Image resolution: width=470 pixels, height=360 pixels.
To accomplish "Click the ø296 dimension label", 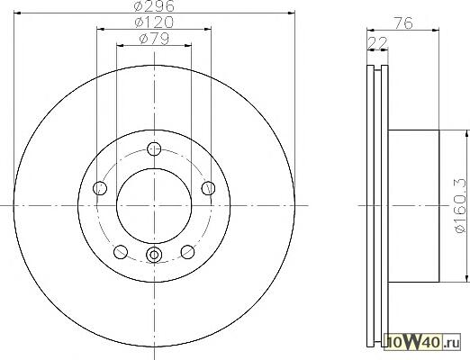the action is coord(154,6).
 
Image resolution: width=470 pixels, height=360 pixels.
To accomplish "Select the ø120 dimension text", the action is coord(154,22).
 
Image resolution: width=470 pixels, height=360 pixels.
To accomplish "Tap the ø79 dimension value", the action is coord(154,39).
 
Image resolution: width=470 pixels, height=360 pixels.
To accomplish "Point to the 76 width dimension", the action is coord(403,22).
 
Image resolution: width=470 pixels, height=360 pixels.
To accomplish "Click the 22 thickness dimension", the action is coord(377,43).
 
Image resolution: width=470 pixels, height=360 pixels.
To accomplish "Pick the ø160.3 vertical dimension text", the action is coord(460,205).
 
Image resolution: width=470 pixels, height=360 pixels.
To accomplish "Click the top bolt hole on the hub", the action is coord(154,148).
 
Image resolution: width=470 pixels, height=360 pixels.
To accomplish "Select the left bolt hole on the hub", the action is coord(100,188).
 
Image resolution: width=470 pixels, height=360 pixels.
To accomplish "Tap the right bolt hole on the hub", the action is coord(208,188).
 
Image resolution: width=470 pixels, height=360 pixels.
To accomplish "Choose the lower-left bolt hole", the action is coord(121,252).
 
